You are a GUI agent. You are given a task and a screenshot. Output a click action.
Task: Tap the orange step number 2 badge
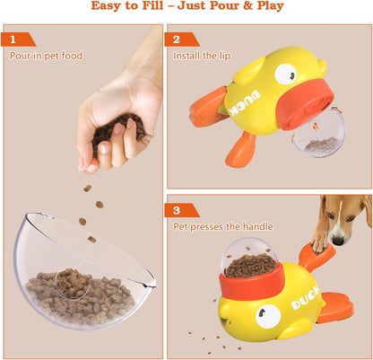point(177,40)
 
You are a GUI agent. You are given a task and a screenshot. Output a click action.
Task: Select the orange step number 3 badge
point(177,210)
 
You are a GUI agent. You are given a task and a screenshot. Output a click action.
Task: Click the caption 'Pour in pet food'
point(46,56)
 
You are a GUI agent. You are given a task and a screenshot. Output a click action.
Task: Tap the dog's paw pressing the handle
point(319,241)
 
